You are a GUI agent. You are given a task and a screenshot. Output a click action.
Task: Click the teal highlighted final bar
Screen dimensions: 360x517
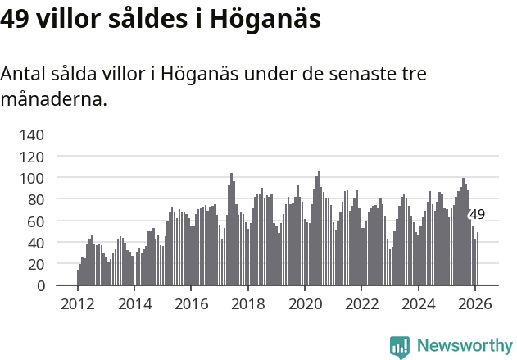[478, 259]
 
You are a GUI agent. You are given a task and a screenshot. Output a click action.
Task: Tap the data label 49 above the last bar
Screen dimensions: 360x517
[477, 215]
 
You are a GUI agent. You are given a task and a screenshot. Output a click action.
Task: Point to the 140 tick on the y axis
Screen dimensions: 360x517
[34, 134]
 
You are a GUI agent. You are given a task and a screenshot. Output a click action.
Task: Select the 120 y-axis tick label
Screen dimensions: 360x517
[34, 156]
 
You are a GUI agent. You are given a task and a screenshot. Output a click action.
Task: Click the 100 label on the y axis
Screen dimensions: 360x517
[34, 178]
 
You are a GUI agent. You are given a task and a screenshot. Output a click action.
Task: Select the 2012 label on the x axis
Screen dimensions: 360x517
[78, 304]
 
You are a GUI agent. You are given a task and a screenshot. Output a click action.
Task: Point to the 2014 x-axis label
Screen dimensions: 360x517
[134, 304]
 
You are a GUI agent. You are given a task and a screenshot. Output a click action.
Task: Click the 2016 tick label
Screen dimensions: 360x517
[191, 304]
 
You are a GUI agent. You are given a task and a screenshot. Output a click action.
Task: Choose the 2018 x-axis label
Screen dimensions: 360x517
[247, 304]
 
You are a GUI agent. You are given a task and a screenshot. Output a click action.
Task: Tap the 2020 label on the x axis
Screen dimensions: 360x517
[305, 304]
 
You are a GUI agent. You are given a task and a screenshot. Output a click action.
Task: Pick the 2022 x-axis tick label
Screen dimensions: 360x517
[361, 304]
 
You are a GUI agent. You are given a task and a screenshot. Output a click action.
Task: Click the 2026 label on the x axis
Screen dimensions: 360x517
[474, 304]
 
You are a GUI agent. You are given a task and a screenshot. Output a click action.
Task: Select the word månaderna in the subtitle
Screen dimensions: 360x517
[53, 100]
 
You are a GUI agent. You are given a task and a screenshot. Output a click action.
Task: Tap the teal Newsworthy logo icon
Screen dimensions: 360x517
[400, 347]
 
